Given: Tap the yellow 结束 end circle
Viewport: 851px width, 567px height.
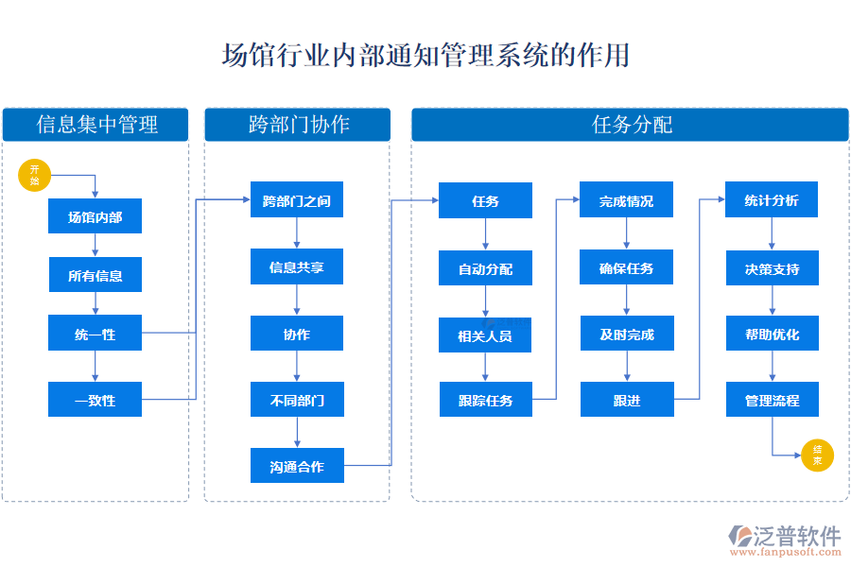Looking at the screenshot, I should coord(817,455).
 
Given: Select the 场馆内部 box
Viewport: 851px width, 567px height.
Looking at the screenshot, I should coord(95,216).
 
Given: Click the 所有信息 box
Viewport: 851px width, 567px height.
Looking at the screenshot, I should coord(95,275).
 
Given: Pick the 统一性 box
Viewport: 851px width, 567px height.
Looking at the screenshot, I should coord(95,334).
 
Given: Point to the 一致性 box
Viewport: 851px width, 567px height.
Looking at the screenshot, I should coord(95,400).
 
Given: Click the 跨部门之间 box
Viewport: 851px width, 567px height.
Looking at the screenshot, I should coord(297,200).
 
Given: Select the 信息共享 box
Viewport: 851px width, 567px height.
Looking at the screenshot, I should coord(297,267).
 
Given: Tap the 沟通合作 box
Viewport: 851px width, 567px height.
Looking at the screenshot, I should coord(297,466).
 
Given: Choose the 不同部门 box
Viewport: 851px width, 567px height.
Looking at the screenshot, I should coord(297,400).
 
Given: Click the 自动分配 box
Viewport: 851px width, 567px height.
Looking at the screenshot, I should coord(485,268).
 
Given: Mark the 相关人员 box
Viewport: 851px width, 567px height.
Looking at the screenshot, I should coord(485,335).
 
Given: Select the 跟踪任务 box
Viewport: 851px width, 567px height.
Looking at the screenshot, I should coord(485,400).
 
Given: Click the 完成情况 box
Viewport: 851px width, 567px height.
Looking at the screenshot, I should coord(626,200).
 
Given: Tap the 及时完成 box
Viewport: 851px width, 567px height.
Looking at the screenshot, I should coord(626,334).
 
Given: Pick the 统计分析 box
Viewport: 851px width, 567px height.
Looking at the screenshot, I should coord(772,200).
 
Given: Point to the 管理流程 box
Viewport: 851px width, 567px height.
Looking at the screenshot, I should coord(772,400).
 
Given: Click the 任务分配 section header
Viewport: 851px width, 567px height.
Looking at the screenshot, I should coord(630,125).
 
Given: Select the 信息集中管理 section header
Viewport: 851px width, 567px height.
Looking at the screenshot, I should coord(96,125).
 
